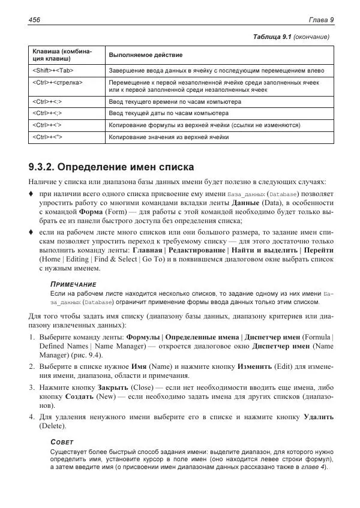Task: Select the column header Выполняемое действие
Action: (145, 55)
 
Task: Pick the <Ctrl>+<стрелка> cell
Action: (57, 82)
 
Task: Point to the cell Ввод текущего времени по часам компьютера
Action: (175, 102)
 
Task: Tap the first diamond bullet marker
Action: (31, 194)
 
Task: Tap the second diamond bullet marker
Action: (31, 232)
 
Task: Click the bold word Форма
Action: (90, 212)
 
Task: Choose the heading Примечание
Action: (73, 283)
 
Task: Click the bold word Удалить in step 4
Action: (319, 416)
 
